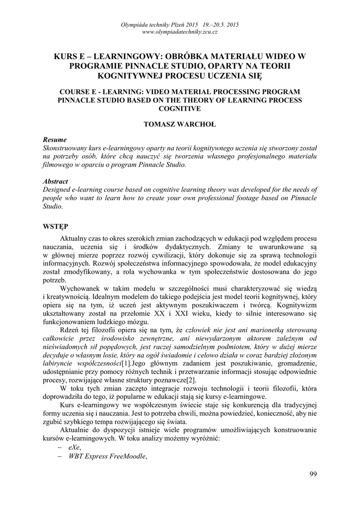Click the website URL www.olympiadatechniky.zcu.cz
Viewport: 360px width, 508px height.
180,32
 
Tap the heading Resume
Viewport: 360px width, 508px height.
55,140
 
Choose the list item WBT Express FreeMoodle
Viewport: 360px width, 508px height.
108,456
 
